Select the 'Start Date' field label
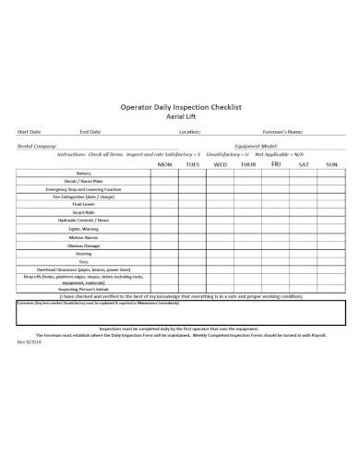point(29,131)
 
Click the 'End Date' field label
point(90,131)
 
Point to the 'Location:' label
point(190,131)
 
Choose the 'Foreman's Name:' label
point(283,131)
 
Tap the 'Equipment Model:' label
point(258,145)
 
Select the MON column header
point(165,164)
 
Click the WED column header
point(221,164)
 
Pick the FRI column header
point(275,164)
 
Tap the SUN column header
point(331,164)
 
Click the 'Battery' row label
point(84,173)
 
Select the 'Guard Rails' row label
point(84,212)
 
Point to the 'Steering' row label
point(84,253)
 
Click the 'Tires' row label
point(84,261)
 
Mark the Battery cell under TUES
point(193,173)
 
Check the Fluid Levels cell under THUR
point(248,205)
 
